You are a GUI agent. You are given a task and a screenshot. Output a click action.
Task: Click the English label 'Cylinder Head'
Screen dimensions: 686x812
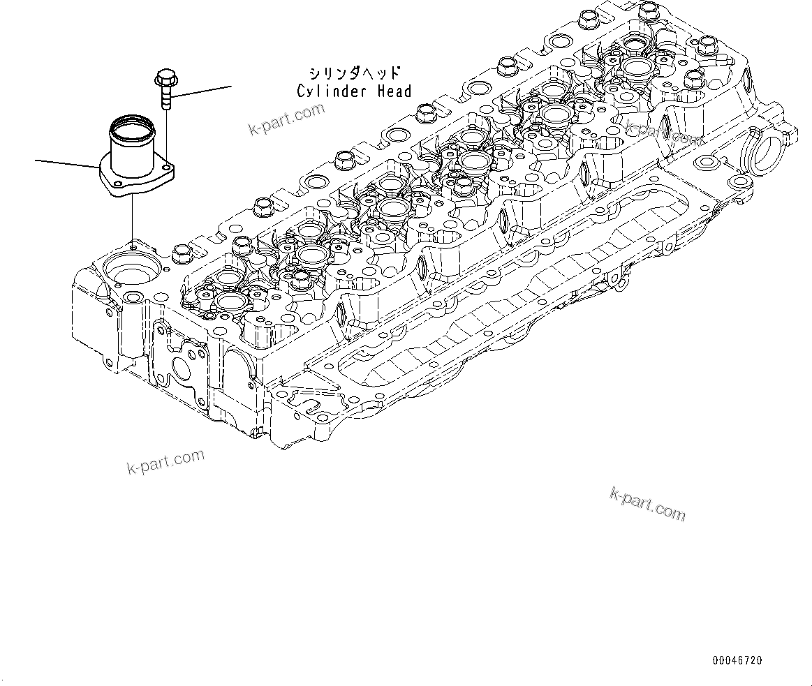[354, 91]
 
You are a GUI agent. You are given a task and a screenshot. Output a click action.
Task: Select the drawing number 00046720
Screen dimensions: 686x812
[737, 659]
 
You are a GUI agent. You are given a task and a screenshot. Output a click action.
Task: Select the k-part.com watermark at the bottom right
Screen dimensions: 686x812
[647, 503]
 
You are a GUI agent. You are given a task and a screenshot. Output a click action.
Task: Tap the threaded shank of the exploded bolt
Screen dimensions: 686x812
[165, 95]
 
